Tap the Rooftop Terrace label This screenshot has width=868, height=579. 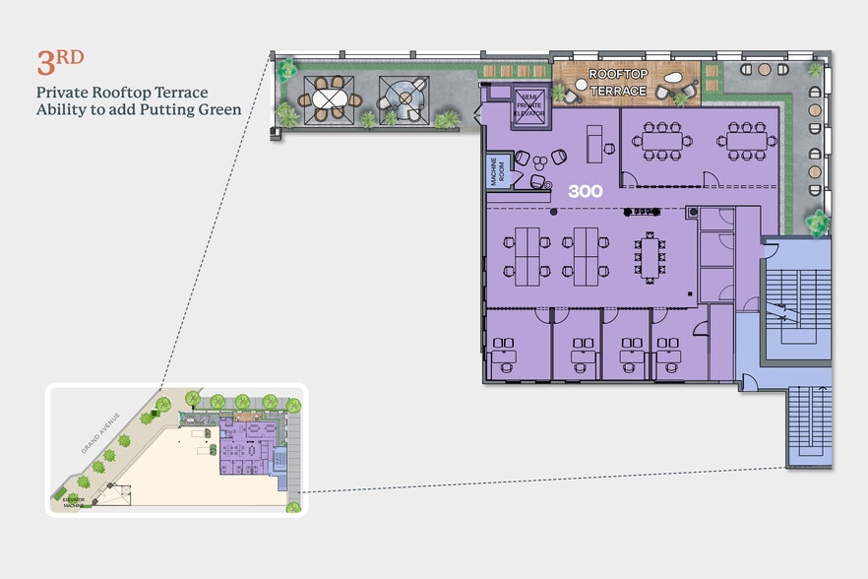click(618, 83)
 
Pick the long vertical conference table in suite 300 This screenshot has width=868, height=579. click(651, 255)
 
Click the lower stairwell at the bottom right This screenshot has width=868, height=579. click(809, 424)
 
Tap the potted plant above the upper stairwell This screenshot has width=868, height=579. click(817, 223)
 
